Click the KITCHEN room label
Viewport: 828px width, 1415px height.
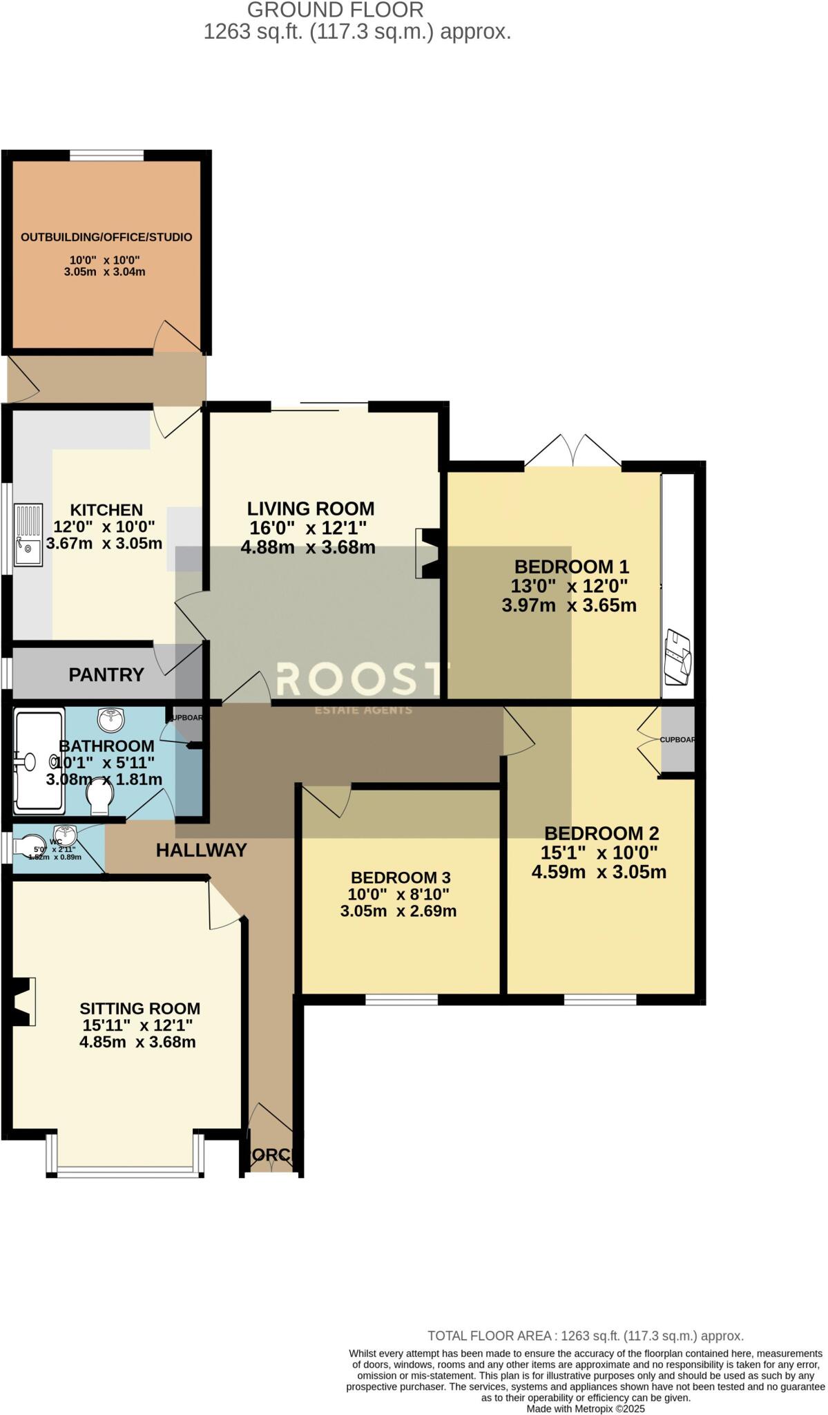106,510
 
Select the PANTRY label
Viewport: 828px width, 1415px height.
106,674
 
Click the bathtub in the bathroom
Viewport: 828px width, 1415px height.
39,761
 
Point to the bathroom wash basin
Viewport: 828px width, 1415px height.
111,719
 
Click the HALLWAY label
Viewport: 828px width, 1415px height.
201,850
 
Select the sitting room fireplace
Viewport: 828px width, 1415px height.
23,1001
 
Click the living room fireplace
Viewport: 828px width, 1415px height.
427,553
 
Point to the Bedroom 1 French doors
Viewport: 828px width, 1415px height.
572,453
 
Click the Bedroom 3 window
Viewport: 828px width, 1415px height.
401,999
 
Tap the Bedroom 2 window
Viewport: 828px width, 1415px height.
599,999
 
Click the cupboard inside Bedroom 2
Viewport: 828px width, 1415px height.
677,740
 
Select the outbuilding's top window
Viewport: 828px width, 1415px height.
106,155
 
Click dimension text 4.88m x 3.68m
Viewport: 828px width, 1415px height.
308,547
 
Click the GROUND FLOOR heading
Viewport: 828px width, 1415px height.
335,10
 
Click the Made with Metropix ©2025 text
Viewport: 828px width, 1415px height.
586,1408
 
